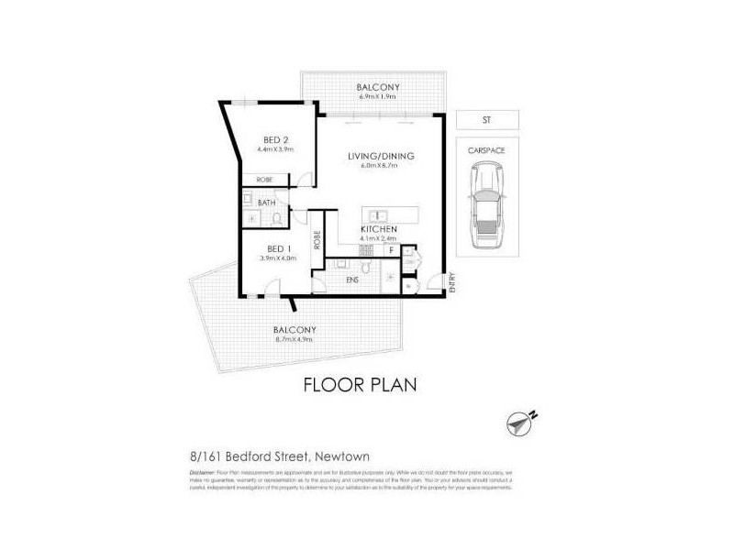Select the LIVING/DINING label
click(381, 156)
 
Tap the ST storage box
click(485, 119)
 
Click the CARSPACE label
click(485, 148)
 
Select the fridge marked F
click(391, 249)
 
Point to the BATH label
click(267, 202)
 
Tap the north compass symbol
click(521, 423)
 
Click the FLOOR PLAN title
click(360, 383)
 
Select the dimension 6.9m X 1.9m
click(379, 98)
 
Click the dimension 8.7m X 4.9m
click(295, 339)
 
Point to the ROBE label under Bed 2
click(263, 179)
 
